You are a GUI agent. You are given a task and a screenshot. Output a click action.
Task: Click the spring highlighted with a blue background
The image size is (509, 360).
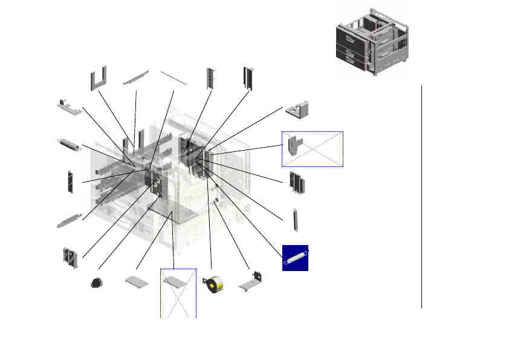[296, 258]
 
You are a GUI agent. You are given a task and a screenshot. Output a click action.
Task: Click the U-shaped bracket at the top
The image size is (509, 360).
[99, 77]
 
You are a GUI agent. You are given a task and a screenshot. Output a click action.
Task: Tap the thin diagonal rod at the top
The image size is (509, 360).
[173, 77]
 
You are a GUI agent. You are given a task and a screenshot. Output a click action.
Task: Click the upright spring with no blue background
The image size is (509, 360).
[296, 220]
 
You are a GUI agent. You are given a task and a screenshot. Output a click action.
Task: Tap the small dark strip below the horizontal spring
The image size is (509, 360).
[70, 182]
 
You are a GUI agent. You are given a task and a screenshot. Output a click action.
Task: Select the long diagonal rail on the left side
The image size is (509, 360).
[69, 220]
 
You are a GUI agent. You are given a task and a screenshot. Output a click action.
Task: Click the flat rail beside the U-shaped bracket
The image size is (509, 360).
[136, 77]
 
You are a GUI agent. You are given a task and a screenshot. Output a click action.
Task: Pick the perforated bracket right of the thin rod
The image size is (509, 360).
[210, 77]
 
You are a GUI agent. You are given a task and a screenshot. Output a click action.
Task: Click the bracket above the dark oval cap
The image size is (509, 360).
[70, 257]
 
